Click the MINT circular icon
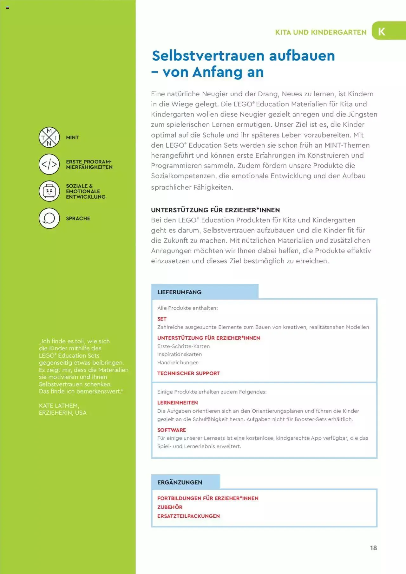point(49,137)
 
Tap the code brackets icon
point(49,164)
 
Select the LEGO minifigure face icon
point(49,191)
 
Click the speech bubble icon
point(49,218)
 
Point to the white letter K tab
point(382,31)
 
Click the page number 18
point(373,548)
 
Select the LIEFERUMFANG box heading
point(179,292)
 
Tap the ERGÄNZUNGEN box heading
point(180,482)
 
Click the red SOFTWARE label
point(172,430)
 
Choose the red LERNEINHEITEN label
point(178,403)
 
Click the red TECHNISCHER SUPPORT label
point(188,373)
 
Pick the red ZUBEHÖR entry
point(170,507)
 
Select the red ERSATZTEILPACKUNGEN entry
point(188,516)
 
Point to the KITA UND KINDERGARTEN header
point(321,32)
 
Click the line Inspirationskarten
point(180,354)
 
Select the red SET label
point(162,319)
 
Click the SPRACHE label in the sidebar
point(78,218)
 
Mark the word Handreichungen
point(178,362)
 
